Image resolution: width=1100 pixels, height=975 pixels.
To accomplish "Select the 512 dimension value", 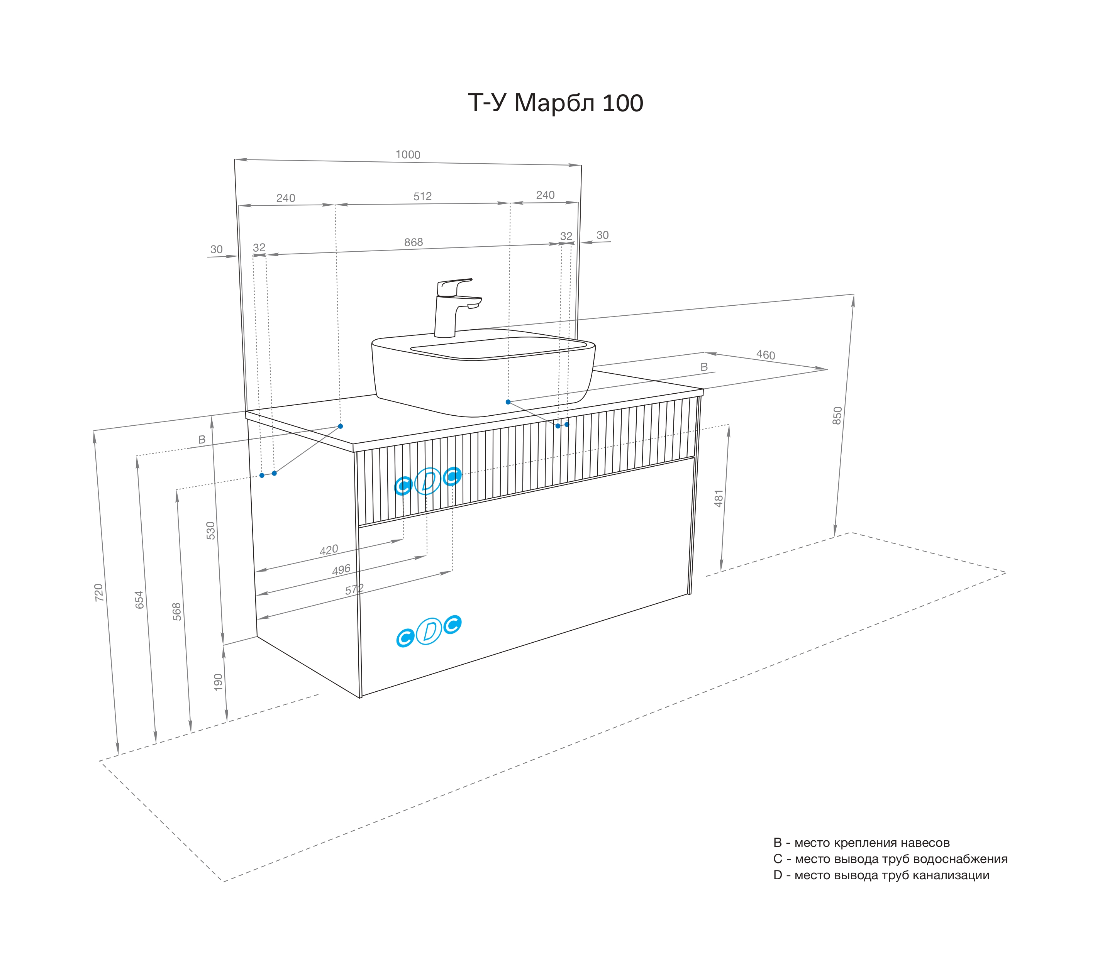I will (x=422, y=196).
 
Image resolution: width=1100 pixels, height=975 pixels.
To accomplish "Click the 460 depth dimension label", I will (x=765, y=355).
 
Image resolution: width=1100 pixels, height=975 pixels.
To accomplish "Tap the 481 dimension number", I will (x=719, y=498).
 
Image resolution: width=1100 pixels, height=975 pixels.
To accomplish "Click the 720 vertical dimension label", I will (x=98, y=592).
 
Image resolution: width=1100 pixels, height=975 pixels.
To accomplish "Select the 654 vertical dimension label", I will (x=139, y=599).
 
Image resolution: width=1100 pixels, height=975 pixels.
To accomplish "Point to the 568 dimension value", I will (x=177, y=612).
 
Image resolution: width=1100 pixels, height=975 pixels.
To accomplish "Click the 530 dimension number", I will (x=210, y=531).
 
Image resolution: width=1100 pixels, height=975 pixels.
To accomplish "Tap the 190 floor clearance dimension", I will (x=218, y=682).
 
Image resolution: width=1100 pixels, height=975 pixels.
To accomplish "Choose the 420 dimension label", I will (x=329, y=550).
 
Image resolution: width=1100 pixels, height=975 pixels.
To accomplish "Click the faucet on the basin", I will (x=455, y=307).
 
